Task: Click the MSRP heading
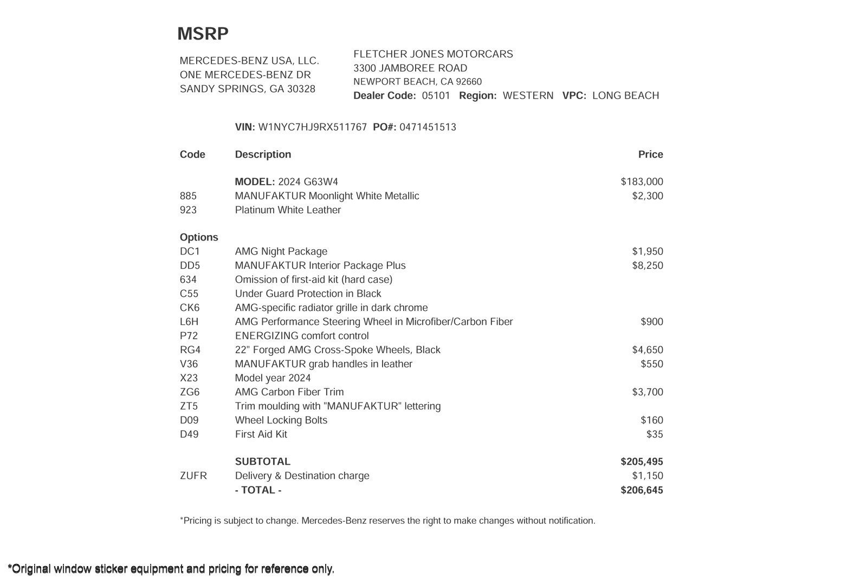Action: tap(203, 34)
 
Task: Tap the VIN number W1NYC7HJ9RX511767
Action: tap(312, 127)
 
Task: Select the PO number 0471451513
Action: tap(428, 127)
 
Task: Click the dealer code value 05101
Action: tap(436, 96)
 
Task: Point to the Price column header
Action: tap(650, 154)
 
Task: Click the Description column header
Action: tap(263, 154)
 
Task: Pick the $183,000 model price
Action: tap(642, 182)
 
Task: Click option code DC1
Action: tap(190, 251)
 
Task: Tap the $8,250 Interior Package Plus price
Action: tap(647, 265)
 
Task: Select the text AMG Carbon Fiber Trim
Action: tap(289, 392)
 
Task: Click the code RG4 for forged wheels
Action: tap(190, 350)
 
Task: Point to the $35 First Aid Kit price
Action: tap(655, 434)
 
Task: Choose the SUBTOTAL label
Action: tap(262, 462)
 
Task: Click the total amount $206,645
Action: tap(642, 490)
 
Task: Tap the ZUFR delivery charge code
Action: tap(193, 476)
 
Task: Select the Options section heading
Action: tap(199, 237)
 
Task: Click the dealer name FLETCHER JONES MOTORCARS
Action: tap(433, 54)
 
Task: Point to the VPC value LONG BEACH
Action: tap(625, 96)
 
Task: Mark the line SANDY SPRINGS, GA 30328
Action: tap(247, 89)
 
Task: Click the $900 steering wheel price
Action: tap(651, 322)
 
